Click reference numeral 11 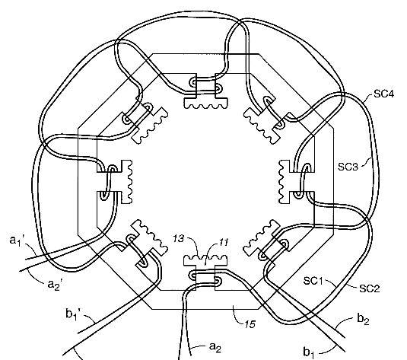click(223, 241)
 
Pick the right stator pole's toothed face click(282, 180)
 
